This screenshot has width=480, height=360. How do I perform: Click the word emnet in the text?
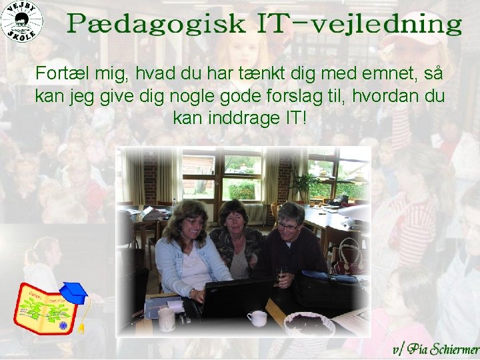[385, 73]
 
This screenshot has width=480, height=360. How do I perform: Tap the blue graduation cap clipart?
[73, 292]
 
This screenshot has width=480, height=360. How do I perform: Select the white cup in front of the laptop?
[257, 319]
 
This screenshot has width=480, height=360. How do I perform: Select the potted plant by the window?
[303, 183]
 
